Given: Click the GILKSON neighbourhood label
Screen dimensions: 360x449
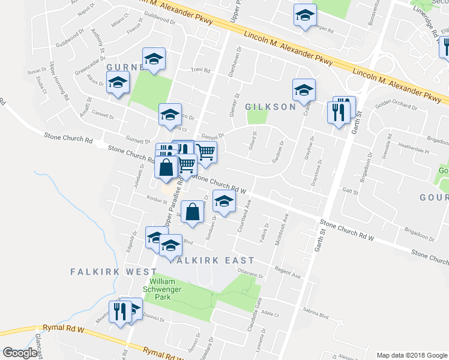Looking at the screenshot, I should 271,106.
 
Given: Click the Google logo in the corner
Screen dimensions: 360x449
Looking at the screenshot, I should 20,353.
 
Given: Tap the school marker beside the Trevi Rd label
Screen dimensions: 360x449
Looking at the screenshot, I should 154,59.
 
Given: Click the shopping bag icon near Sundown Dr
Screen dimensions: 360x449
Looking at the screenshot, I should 191,212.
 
